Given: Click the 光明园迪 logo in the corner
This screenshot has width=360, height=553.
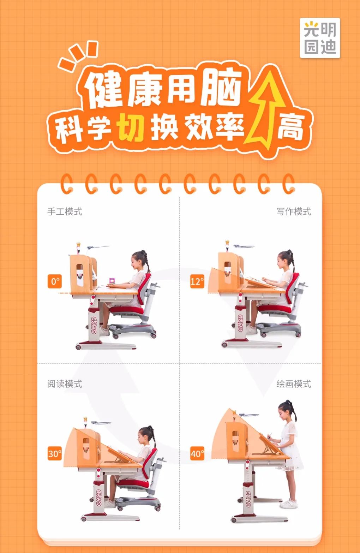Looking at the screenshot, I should click(320, 38).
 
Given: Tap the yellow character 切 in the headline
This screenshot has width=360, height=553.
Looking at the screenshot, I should click(131, 127).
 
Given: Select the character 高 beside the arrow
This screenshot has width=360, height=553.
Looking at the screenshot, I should click(290, 127).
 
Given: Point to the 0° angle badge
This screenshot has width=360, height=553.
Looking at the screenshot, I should click(55, 281).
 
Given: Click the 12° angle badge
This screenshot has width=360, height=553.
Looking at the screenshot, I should click(197, 281).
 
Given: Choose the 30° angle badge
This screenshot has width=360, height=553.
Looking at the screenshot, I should click(55, 453).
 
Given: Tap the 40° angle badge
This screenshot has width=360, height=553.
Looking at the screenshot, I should click(197, 453).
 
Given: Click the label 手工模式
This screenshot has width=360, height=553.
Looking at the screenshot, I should click(65, 212).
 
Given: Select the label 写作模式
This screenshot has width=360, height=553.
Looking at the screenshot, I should click(294, 212).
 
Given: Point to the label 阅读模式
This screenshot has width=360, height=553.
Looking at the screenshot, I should click(65, 384).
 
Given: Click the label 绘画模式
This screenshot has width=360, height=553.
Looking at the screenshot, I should click(294, 384).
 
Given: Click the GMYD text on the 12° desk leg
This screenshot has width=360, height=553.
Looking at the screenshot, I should click(240, 323).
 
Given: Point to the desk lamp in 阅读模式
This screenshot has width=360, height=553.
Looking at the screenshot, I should click(101, 423).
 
